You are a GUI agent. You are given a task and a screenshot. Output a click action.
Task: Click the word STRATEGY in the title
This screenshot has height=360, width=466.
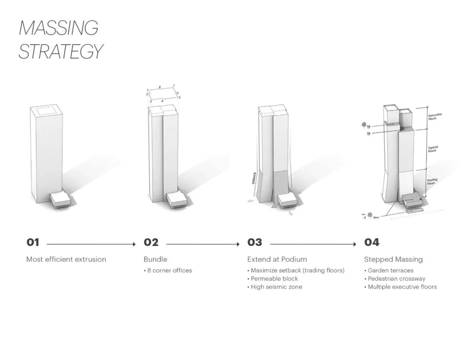click(x=61, y=51)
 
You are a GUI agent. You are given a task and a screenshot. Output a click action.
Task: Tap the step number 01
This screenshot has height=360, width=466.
click(x=33, y=243)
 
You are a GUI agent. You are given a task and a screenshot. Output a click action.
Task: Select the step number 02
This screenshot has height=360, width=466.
click(x=151, y=243)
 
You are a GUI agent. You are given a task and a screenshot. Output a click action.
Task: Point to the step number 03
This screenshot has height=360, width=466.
click(x=255, y=243)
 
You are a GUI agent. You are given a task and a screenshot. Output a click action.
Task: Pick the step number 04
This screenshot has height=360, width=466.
click(x=372, y=243)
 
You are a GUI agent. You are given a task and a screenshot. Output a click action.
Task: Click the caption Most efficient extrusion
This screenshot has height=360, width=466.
click(x=66, y=259)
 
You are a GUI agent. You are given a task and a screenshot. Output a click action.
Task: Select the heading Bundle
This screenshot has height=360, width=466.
click(x=155, y=259)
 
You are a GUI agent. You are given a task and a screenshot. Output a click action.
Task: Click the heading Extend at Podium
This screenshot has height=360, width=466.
click(x=277, y=259)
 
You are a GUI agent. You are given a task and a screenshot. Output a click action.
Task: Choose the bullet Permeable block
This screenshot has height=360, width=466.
click(x=274, y=279)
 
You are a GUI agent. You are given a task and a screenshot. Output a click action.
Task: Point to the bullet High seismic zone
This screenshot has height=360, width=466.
click(x=277, y=287)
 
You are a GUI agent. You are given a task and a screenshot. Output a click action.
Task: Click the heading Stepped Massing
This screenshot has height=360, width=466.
click(x=394, y=259)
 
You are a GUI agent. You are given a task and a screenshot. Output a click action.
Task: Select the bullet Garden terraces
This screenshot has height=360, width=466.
click(x=390, y=271)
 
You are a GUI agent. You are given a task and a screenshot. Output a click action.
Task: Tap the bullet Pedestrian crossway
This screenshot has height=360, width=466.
click(x=397, y=279)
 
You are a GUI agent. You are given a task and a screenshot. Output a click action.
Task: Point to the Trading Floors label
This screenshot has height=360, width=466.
click(x=432, y=182)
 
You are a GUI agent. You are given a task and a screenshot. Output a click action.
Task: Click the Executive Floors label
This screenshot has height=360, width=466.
click(x=435, y=116)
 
